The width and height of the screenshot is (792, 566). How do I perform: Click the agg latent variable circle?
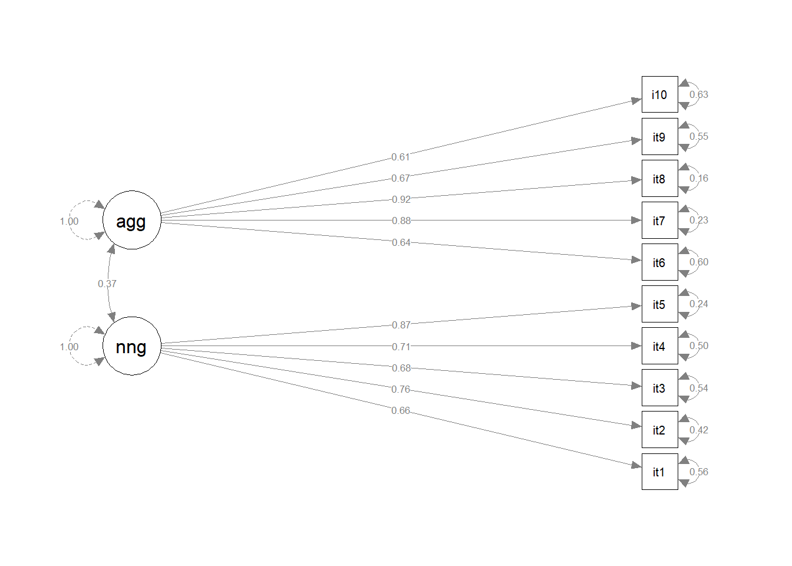[x=132, y=220]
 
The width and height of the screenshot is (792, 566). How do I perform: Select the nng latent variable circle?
[x=132, y=345]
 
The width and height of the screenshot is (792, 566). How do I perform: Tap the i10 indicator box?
[x=660, y=94]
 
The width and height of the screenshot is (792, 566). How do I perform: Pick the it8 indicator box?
[x=660, y=178]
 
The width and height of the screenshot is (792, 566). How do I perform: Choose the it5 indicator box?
[x=660, y=304]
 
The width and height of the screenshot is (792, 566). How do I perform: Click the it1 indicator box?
[x=660, y=472]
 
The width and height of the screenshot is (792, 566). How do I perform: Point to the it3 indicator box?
[x=660, y=388]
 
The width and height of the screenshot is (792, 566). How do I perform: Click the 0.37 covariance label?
[x=107, y=284]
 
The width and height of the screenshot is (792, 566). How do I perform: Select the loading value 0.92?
[x=401, y=199]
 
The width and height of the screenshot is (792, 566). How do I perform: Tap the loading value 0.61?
[x=401, y=157]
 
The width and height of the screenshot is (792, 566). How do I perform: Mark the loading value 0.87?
[x=401, y=325]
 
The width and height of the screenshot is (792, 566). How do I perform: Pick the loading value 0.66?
[x=401, y=410]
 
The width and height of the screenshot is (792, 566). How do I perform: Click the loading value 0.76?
[x=401, y=389]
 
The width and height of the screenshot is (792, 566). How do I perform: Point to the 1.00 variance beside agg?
[x=70, y=222]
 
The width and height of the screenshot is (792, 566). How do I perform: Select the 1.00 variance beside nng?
[x=70, y=347]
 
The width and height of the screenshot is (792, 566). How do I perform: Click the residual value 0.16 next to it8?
[x=699, y=178]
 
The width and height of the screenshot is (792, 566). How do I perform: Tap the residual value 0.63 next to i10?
[x=699, y=94]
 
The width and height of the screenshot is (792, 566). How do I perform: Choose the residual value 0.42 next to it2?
[x=699, y=430]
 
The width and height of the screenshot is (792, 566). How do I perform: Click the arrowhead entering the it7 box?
[x=636, y=221]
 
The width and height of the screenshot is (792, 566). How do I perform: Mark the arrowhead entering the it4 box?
[x=636, y=346]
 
